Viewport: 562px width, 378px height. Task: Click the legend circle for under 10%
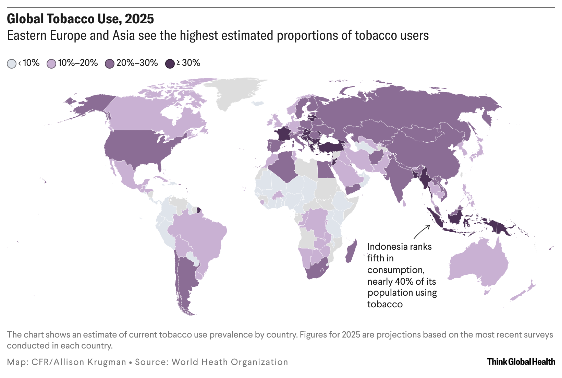coord(12,64)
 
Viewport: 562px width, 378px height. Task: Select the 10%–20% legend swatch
coord(51,64)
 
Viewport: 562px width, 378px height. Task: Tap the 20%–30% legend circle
coord(110,64)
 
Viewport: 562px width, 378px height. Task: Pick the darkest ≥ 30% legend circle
coord(170,64)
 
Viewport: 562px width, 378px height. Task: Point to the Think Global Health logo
coord(521,362)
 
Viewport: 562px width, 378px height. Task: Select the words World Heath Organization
coord(230,362)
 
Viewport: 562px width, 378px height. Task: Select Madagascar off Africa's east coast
coord(351,252)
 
